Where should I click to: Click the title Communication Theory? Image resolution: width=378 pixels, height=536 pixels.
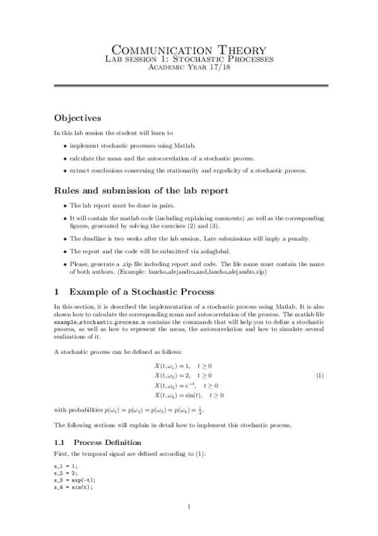(189, 49)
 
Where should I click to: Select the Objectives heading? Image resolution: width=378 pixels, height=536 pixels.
(78, 118)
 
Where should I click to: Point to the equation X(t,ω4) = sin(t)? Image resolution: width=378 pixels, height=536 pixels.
(189, 395)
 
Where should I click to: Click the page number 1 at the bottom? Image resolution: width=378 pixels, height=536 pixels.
(189, 507)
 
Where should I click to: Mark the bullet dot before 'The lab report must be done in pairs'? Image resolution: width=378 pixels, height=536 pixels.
(65, 206)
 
